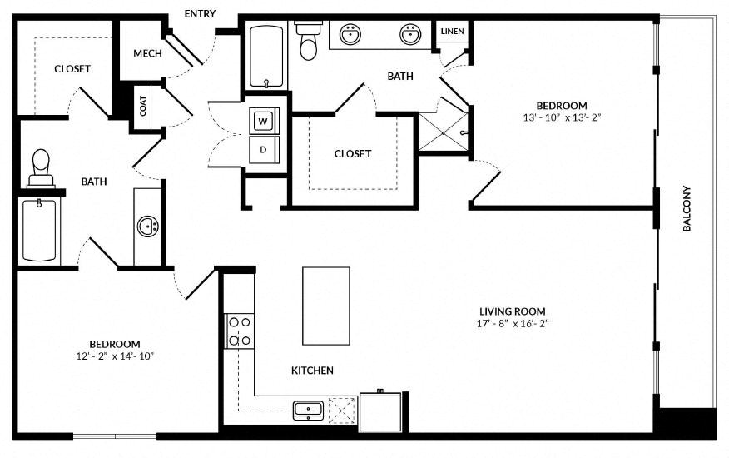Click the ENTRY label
200,14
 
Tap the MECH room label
148,53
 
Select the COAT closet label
143,106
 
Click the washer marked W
264,122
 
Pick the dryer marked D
264,149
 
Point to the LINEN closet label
453,31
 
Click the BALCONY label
687,208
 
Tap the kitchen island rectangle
326,306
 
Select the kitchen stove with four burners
240,331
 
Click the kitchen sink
308,410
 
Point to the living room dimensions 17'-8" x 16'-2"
513,323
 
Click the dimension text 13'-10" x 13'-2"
562,117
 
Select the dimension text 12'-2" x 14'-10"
115,356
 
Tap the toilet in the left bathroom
41,168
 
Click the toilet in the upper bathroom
308,41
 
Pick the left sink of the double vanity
350,34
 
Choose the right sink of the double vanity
410,34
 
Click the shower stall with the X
443,132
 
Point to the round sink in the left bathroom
148,227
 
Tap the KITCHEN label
312,371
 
